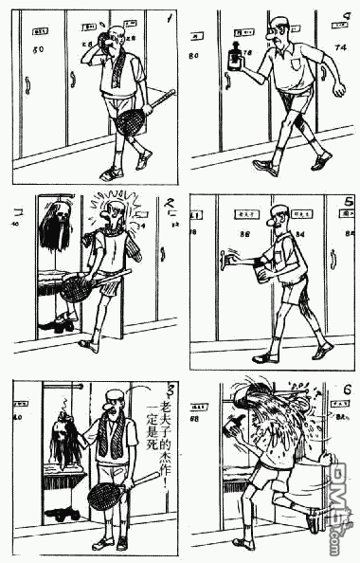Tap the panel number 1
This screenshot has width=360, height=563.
(x=169, y=16)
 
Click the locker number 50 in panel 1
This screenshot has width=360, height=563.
(x=38, y=49)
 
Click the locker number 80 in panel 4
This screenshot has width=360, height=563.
(x=194, y=57)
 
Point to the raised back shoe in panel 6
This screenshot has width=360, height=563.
(x=315, y=520)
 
